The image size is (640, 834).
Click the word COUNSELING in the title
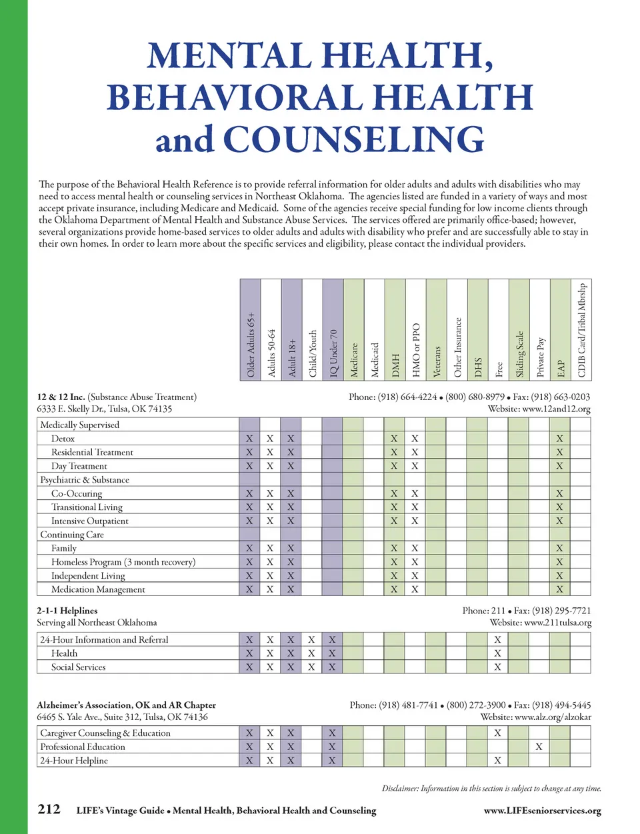pos(353,139)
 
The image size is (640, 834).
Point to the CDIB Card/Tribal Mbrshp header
pos(581,330)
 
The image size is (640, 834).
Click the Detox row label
pos(63,439)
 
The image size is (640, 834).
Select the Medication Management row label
pos(98,589)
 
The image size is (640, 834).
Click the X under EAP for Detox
pos(559,439)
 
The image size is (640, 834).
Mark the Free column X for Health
pos(497,653)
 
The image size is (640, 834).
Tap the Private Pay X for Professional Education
pos(539,747)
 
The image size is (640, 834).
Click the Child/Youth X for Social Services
pos(311,667)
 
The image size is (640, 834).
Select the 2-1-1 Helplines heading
pos(67,611)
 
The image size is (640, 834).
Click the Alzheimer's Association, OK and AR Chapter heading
pos(126,705)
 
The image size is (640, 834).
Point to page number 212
pos(49,809)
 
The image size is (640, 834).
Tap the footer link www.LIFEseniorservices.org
pos(542,811)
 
